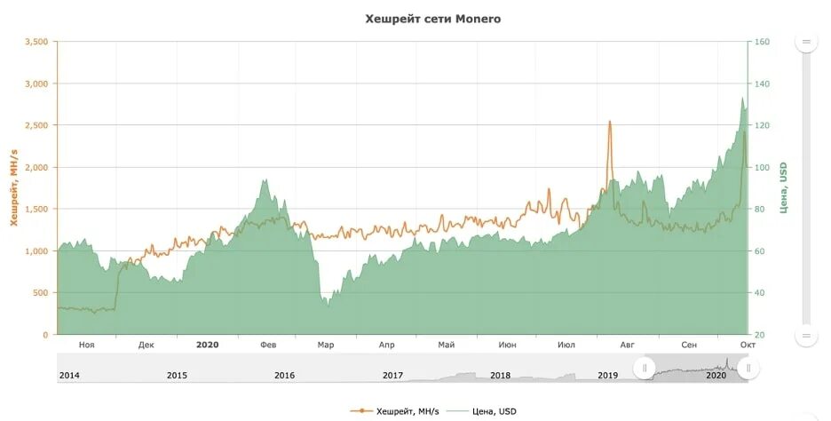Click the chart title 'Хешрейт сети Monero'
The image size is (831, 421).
pos(433,18)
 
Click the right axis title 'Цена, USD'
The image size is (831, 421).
pos(784,187)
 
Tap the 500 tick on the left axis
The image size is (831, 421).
pos(41,293)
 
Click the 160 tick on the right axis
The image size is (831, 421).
pos(762,42)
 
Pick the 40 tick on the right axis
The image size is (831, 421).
pos(759,293)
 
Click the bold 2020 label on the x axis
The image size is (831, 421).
pos(207,345)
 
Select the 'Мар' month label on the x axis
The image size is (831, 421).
pos(326,345)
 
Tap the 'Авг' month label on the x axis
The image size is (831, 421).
pos(628,345)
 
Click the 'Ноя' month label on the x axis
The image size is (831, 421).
pos(86,345)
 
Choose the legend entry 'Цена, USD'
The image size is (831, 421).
pos(486,410)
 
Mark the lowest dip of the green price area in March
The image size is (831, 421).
pos(327,305)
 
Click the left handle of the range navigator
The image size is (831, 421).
pos(645,368)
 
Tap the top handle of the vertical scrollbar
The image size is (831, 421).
pos(807,42)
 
